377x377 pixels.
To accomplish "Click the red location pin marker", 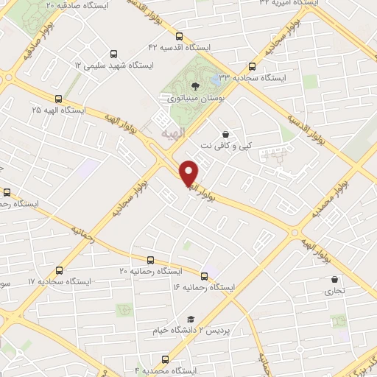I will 190,172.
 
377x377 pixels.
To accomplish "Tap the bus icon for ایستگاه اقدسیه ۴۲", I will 180,36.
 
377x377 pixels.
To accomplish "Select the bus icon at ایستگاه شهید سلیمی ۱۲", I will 113,54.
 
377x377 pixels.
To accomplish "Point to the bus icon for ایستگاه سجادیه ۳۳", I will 253,65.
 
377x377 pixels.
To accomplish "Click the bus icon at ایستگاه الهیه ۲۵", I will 58,99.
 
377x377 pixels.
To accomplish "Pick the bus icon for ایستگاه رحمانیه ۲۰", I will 150,260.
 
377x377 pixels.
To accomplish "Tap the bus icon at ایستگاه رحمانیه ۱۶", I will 204,277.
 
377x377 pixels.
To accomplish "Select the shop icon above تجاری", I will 335,280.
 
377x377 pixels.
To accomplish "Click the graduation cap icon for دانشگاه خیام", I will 191,320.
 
